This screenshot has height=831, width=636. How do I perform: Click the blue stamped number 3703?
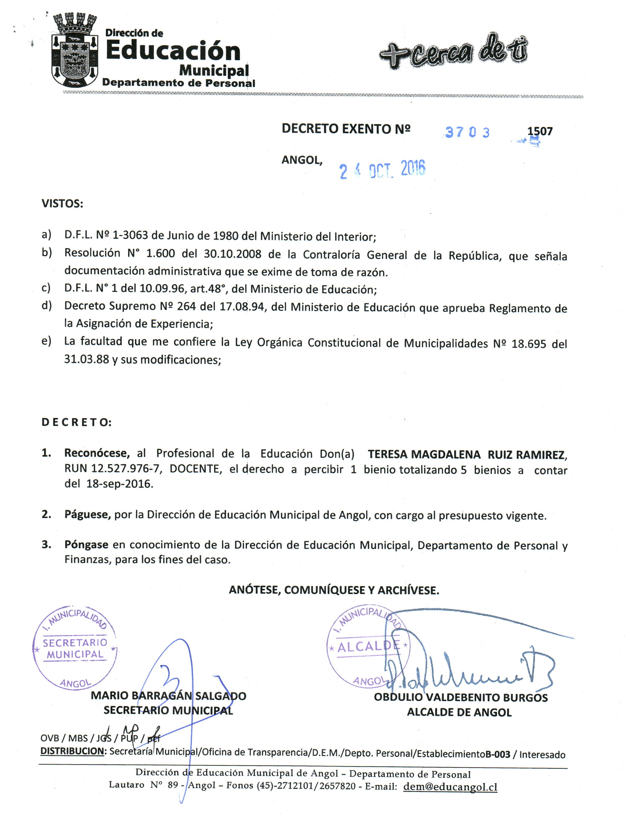tap(467, 132)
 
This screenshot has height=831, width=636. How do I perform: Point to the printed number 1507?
tap(540, 131)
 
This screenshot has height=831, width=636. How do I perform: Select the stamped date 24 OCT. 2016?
tap(382, 169)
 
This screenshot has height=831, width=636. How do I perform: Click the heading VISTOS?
tap(62, 204)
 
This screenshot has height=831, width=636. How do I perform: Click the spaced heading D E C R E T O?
tap(77, 422)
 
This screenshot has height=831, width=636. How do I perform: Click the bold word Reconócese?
tap(97, 453)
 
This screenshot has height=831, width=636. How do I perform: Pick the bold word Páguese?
tap(87, 515)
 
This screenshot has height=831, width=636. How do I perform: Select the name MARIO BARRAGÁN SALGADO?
tap(169, 695)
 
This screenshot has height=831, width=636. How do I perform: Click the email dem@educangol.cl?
tap(450, 786)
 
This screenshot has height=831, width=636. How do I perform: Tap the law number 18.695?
tap(529, 344)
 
